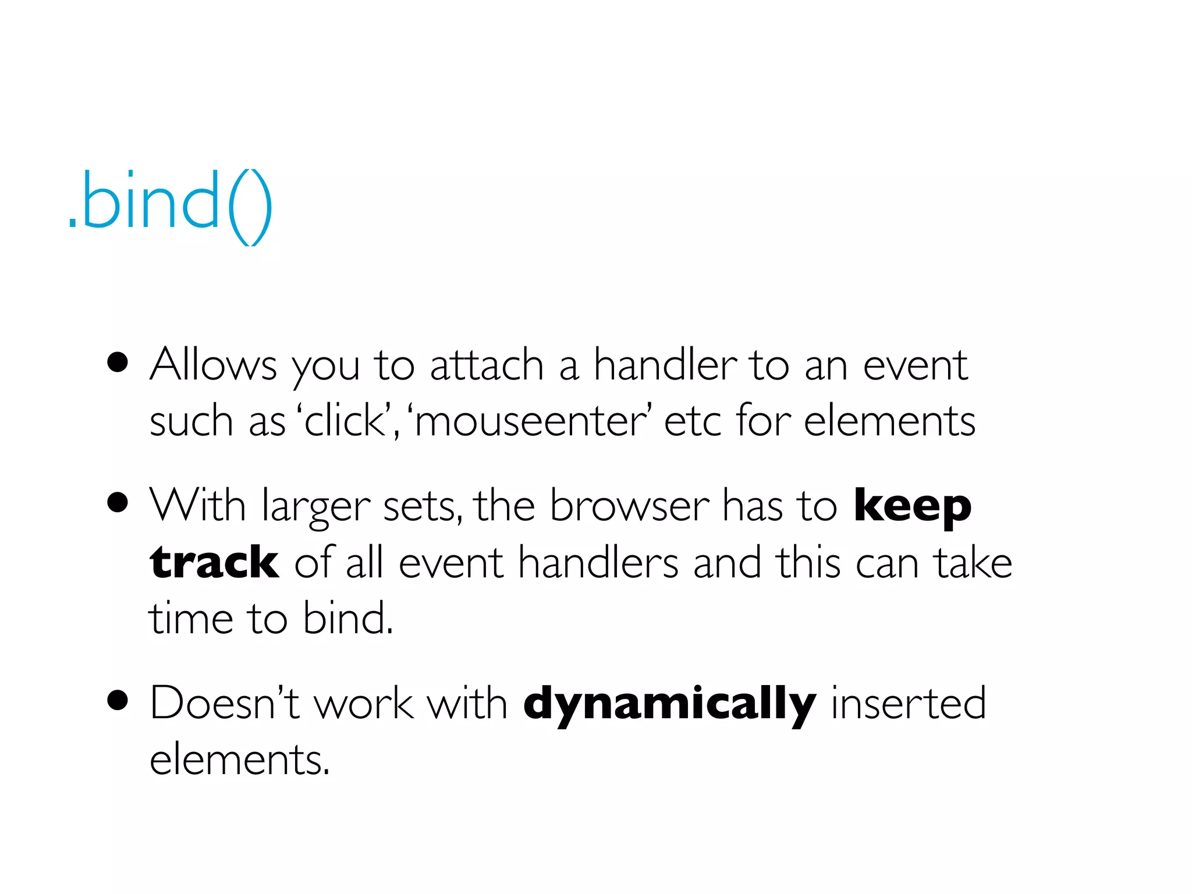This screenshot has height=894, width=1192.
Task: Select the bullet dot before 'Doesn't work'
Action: point(118,701)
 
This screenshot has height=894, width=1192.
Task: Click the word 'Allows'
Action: point(213,365)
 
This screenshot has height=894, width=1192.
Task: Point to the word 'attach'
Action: point(487,365)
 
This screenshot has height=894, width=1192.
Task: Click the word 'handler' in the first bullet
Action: point(665,365)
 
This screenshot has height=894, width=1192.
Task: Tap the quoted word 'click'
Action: point(345,420)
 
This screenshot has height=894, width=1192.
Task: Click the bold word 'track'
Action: point(214,562)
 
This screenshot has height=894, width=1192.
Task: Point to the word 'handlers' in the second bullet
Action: point(598,562)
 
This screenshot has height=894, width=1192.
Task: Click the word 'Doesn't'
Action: point(225,703)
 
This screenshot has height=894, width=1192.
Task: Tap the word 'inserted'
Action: point(908,703)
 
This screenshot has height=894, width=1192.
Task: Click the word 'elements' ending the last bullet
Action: point(239,760)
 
